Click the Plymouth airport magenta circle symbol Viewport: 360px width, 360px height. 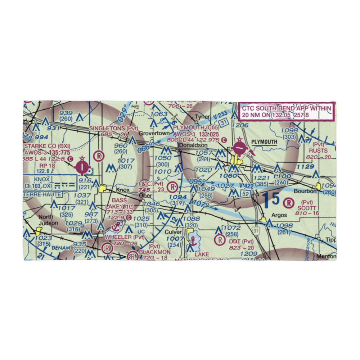point(239,148)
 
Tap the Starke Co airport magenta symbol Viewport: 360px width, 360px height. point(82,166)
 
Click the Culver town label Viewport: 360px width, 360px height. point(173,232)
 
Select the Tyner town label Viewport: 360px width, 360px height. point(202,117)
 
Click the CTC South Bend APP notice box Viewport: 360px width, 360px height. point(287,111)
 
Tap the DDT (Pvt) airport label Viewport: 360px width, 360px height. point(242,241)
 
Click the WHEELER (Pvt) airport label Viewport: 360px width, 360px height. point(125,237)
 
